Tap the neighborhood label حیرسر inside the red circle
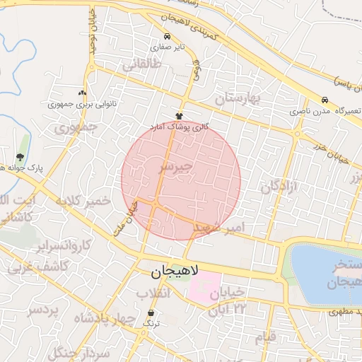(x=175, y=167)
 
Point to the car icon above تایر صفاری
(x=166, y=37)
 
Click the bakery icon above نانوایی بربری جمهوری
(x=83, y=93)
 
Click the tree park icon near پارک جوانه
(x=19, y=157)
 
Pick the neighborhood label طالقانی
(x=142, y=66)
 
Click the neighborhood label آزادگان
(x=280, y=186)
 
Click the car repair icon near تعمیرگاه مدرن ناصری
(x=325, y=101)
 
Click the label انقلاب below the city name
(x=154, y=293)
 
